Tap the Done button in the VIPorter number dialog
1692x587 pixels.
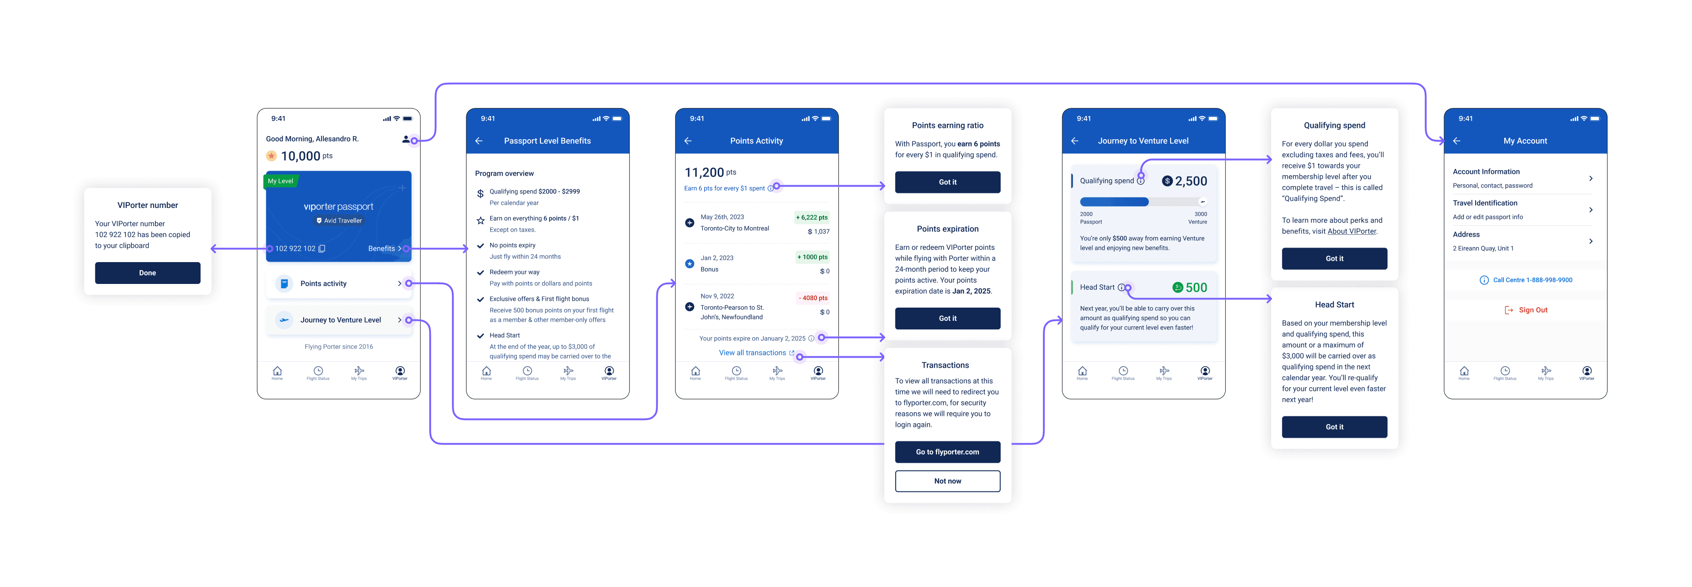[147, 273]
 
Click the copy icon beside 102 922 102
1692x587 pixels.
[322, 248]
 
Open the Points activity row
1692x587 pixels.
[338, 283]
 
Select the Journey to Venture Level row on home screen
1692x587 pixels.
[338, 320]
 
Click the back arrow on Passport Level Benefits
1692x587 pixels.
[479, 141]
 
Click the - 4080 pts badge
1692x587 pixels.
[812, 298]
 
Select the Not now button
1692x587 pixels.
[947, 481]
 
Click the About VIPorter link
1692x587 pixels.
[1352, 231]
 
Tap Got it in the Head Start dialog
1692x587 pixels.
[1334, 427]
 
